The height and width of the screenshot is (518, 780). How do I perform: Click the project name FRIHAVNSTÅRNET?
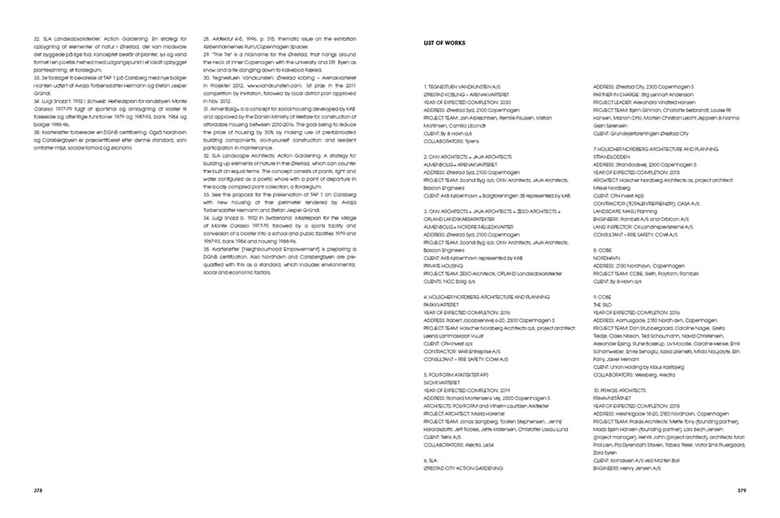(618, 396)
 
